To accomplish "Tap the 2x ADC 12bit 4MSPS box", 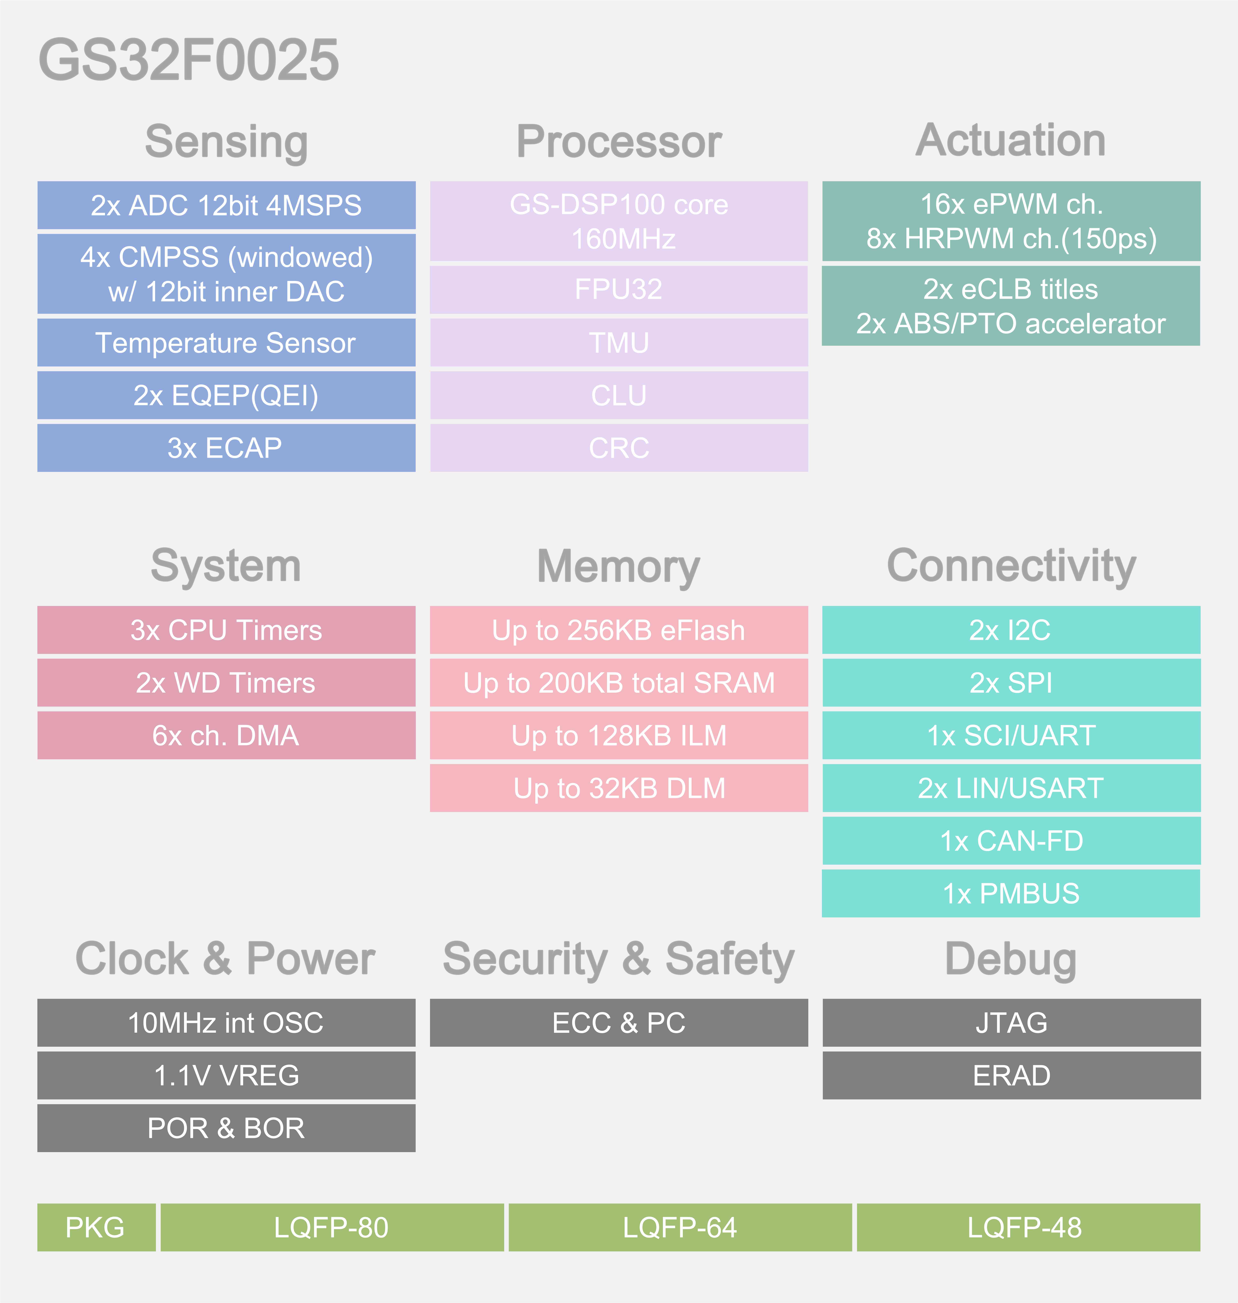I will (x=226, y=205).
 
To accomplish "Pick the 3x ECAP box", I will (x=226, y=448).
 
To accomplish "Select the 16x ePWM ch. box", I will (x=1011, y=221).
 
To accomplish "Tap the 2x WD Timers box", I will (x=226, y=683).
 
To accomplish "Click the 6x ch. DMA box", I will (x=226, y=736).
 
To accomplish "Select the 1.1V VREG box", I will (x=226, y=1075).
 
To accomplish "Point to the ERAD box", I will (x=1011, y=1075).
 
